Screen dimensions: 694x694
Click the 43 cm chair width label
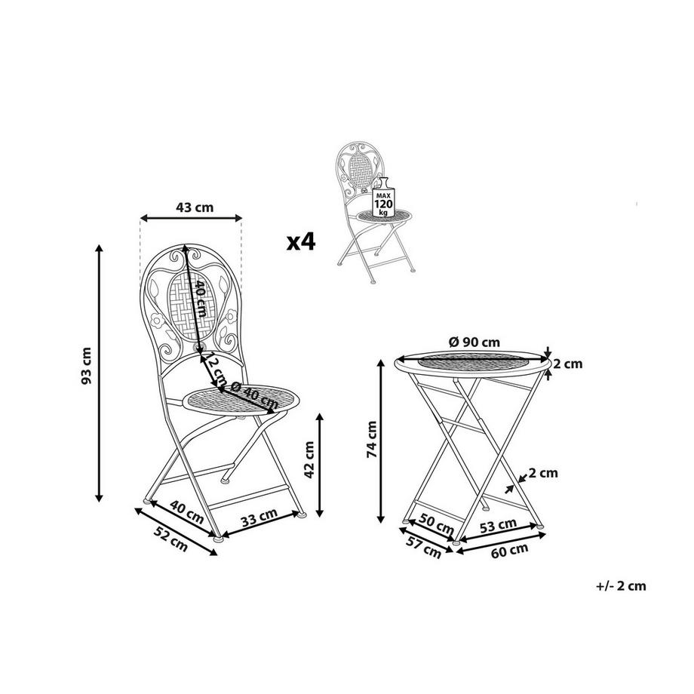[x=195, y=207]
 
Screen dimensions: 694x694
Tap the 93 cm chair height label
[x=87, y=366]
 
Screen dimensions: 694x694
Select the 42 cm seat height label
[x=309, y=459]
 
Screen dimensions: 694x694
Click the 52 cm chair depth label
[x=170, y=539]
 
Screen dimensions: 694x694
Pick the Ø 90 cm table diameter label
[x=474, y=342]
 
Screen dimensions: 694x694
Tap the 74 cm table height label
[x=372, y=439]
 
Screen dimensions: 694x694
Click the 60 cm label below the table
[x=509, y=550]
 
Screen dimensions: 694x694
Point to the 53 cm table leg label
[x=499, y=526]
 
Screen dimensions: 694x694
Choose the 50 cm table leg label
[x=437, y=524]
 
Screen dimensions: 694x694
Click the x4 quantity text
[x=301, y=242]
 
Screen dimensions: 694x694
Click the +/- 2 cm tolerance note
[x=621, y=585]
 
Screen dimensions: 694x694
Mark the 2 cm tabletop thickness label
[x=568, y=364]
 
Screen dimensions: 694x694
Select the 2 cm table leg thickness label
[x=544, y=473]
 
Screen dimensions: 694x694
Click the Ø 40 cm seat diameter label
[x=254, y=395]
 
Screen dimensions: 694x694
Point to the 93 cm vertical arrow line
[x=99, y=373]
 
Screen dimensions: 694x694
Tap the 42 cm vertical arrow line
[x=321, y=465]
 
